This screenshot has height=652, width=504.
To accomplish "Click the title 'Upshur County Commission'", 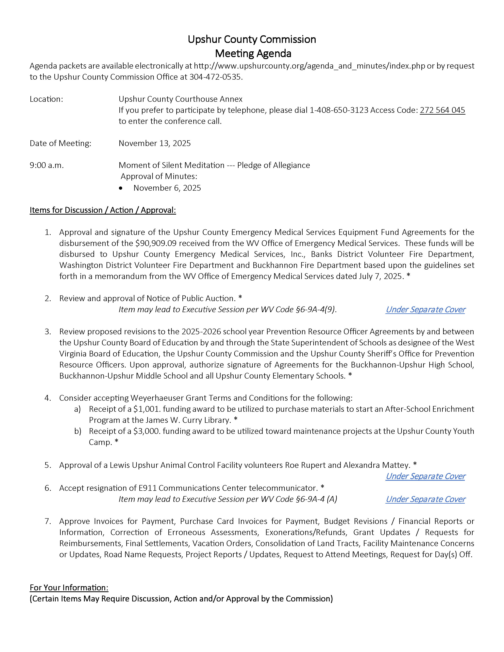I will coord(252,39).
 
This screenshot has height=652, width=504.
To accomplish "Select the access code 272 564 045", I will coord(442,110).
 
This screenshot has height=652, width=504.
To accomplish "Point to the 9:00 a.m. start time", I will coord(47,165).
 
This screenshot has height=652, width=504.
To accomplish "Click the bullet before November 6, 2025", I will coord(121,188).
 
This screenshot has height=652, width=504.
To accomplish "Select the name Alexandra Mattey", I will coord(377,465).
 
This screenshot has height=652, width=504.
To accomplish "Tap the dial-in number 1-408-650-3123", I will coord(339,110).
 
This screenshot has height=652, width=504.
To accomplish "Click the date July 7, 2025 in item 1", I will coord(381,276).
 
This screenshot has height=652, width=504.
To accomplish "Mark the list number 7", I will coord(48,521).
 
